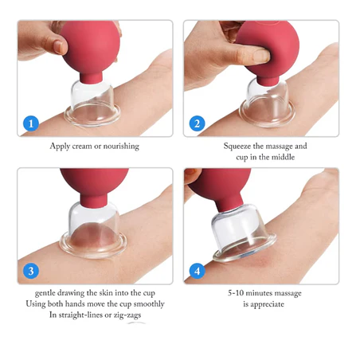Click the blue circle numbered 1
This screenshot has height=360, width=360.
31,123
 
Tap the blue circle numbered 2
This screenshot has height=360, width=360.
197,123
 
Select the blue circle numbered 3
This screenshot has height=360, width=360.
31,271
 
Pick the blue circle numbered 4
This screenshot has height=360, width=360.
197,271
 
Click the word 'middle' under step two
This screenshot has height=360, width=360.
284,157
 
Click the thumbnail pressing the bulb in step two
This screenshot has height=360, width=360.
260,56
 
